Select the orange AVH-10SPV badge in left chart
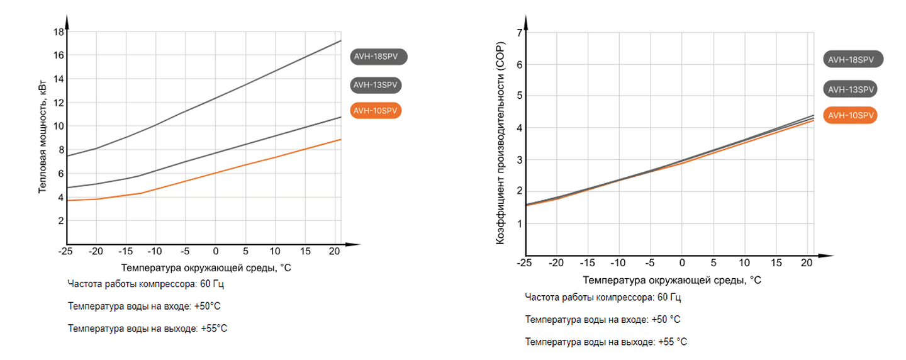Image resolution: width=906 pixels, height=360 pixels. coord(376,111)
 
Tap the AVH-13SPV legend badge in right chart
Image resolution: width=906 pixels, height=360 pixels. coord(851,89)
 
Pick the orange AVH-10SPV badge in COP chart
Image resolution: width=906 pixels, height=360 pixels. coord(851,115)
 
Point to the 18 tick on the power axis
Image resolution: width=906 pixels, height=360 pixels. coord(58,31)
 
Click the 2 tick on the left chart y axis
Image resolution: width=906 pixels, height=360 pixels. coord(60,221)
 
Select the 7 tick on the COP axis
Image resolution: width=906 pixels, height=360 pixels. coord(520,33)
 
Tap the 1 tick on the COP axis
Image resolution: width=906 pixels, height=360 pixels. coord(520,223)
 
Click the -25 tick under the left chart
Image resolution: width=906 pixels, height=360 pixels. coord(65,251)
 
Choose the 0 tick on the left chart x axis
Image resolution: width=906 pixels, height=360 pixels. coord(215,251)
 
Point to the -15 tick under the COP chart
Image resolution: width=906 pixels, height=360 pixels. coord(586,262)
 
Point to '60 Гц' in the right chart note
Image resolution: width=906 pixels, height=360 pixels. coord(669,297)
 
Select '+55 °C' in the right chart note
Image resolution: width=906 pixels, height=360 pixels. coord(673,342)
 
